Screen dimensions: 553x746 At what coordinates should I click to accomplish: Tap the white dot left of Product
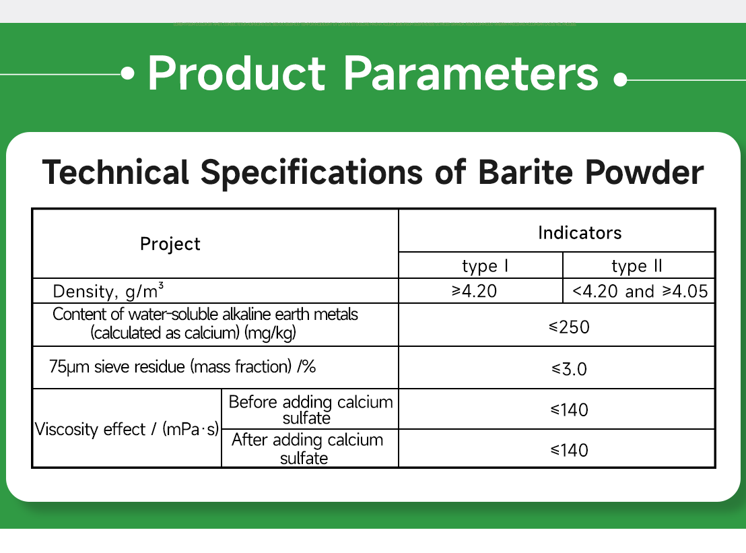click(129, 74)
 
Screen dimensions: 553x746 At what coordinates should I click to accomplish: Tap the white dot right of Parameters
click(621, 79)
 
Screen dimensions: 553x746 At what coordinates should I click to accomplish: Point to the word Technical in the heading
click(115, 172)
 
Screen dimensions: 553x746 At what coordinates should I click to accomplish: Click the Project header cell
click(170, 244)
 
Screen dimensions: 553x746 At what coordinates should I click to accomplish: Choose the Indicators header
click(580, 233)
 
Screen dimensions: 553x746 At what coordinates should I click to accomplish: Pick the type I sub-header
click(480, 266)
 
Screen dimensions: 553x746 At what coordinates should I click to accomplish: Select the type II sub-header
click(637, 266)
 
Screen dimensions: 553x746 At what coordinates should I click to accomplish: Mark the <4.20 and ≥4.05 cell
click(639, 291)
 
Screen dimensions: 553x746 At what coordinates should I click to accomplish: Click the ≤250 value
click(568, 327)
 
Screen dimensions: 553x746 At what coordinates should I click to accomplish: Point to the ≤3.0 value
click(569, 369)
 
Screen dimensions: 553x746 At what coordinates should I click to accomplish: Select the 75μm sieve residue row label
click(182, 367)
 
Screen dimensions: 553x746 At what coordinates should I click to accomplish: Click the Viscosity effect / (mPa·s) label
click(127, 429)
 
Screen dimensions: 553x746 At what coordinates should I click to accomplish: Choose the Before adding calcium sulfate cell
click(310, 410)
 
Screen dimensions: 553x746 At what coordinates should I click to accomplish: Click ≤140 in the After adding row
click(569, 450)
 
